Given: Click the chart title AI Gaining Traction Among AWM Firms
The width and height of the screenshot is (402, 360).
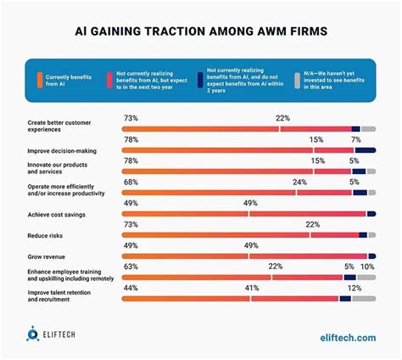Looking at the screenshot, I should coord(201,32).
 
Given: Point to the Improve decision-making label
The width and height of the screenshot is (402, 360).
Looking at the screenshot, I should coord(61,151).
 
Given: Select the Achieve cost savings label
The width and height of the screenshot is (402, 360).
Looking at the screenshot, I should coord(57,215).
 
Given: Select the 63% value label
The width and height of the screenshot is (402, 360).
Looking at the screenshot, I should coord(131,267).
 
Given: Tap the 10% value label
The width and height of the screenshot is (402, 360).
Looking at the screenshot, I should coord(367,267).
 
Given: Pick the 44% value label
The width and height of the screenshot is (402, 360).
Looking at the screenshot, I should coord(131,288).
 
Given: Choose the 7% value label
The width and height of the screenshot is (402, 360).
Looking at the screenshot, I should coord(356,138).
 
